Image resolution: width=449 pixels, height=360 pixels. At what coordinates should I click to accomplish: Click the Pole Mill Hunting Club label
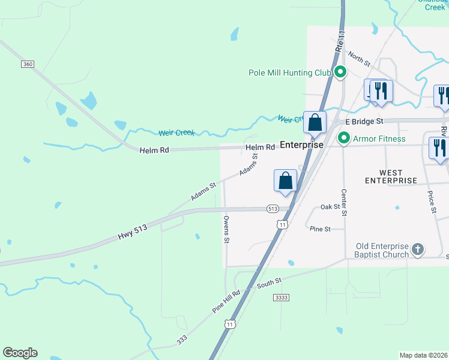click(x=290, y=73)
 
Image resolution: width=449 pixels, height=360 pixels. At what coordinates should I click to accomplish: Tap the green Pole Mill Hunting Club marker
click(x=340, y=73)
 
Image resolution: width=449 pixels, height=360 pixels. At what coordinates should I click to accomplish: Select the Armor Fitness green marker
click(x=344, y=139)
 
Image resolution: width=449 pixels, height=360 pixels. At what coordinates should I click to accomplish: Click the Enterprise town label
click(x=302, y=145)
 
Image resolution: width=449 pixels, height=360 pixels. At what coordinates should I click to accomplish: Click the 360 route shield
click(x=26, y=64)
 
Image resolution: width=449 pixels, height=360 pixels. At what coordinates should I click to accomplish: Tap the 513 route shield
click(x=273, y=209)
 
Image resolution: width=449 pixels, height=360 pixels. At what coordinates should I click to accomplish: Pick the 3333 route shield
click(x=281, y=297)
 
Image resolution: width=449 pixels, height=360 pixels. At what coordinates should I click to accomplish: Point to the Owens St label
click(x=227, y=230)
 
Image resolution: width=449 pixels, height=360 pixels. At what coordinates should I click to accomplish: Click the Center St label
click(x=344, y=203)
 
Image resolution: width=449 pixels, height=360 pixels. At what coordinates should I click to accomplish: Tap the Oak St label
click(x=330, y=207)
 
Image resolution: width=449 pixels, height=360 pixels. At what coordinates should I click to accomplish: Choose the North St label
click(x=359, y=59)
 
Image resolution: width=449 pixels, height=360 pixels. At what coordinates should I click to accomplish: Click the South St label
click(x=270, y=282)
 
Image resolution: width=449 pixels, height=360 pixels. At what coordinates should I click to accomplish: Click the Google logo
click(x=20, y=353)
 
